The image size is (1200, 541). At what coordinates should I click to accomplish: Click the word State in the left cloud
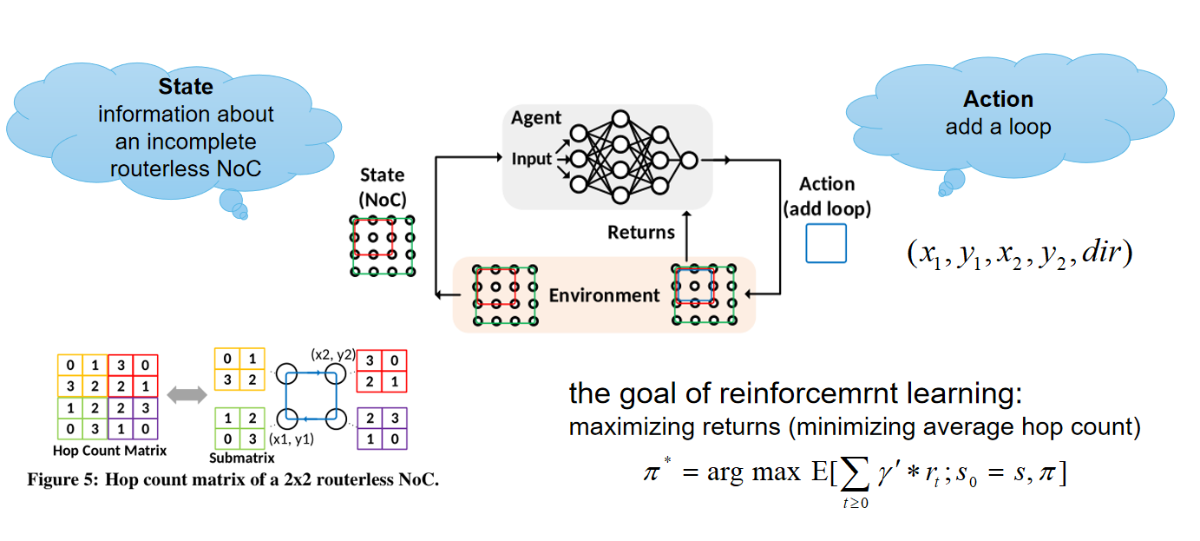185,87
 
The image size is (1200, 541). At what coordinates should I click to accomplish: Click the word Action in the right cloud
998,99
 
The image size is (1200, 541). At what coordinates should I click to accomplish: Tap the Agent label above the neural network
536,118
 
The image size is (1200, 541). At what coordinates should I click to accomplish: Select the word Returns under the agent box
640,232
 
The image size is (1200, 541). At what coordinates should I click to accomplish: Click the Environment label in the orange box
604,295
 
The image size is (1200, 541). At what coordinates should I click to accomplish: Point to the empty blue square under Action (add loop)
825,243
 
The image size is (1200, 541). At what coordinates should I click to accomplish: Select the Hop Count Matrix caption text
109,451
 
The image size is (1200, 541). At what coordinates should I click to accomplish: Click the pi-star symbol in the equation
655,472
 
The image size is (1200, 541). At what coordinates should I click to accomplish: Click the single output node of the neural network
688,160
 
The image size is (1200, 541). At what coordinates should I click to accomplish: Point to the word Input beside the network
531,160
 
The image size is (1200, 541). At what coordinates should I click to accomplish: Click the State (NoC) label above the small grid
382,185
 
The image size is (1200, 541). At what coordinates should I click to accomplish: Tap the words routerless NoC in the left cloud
185,168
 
